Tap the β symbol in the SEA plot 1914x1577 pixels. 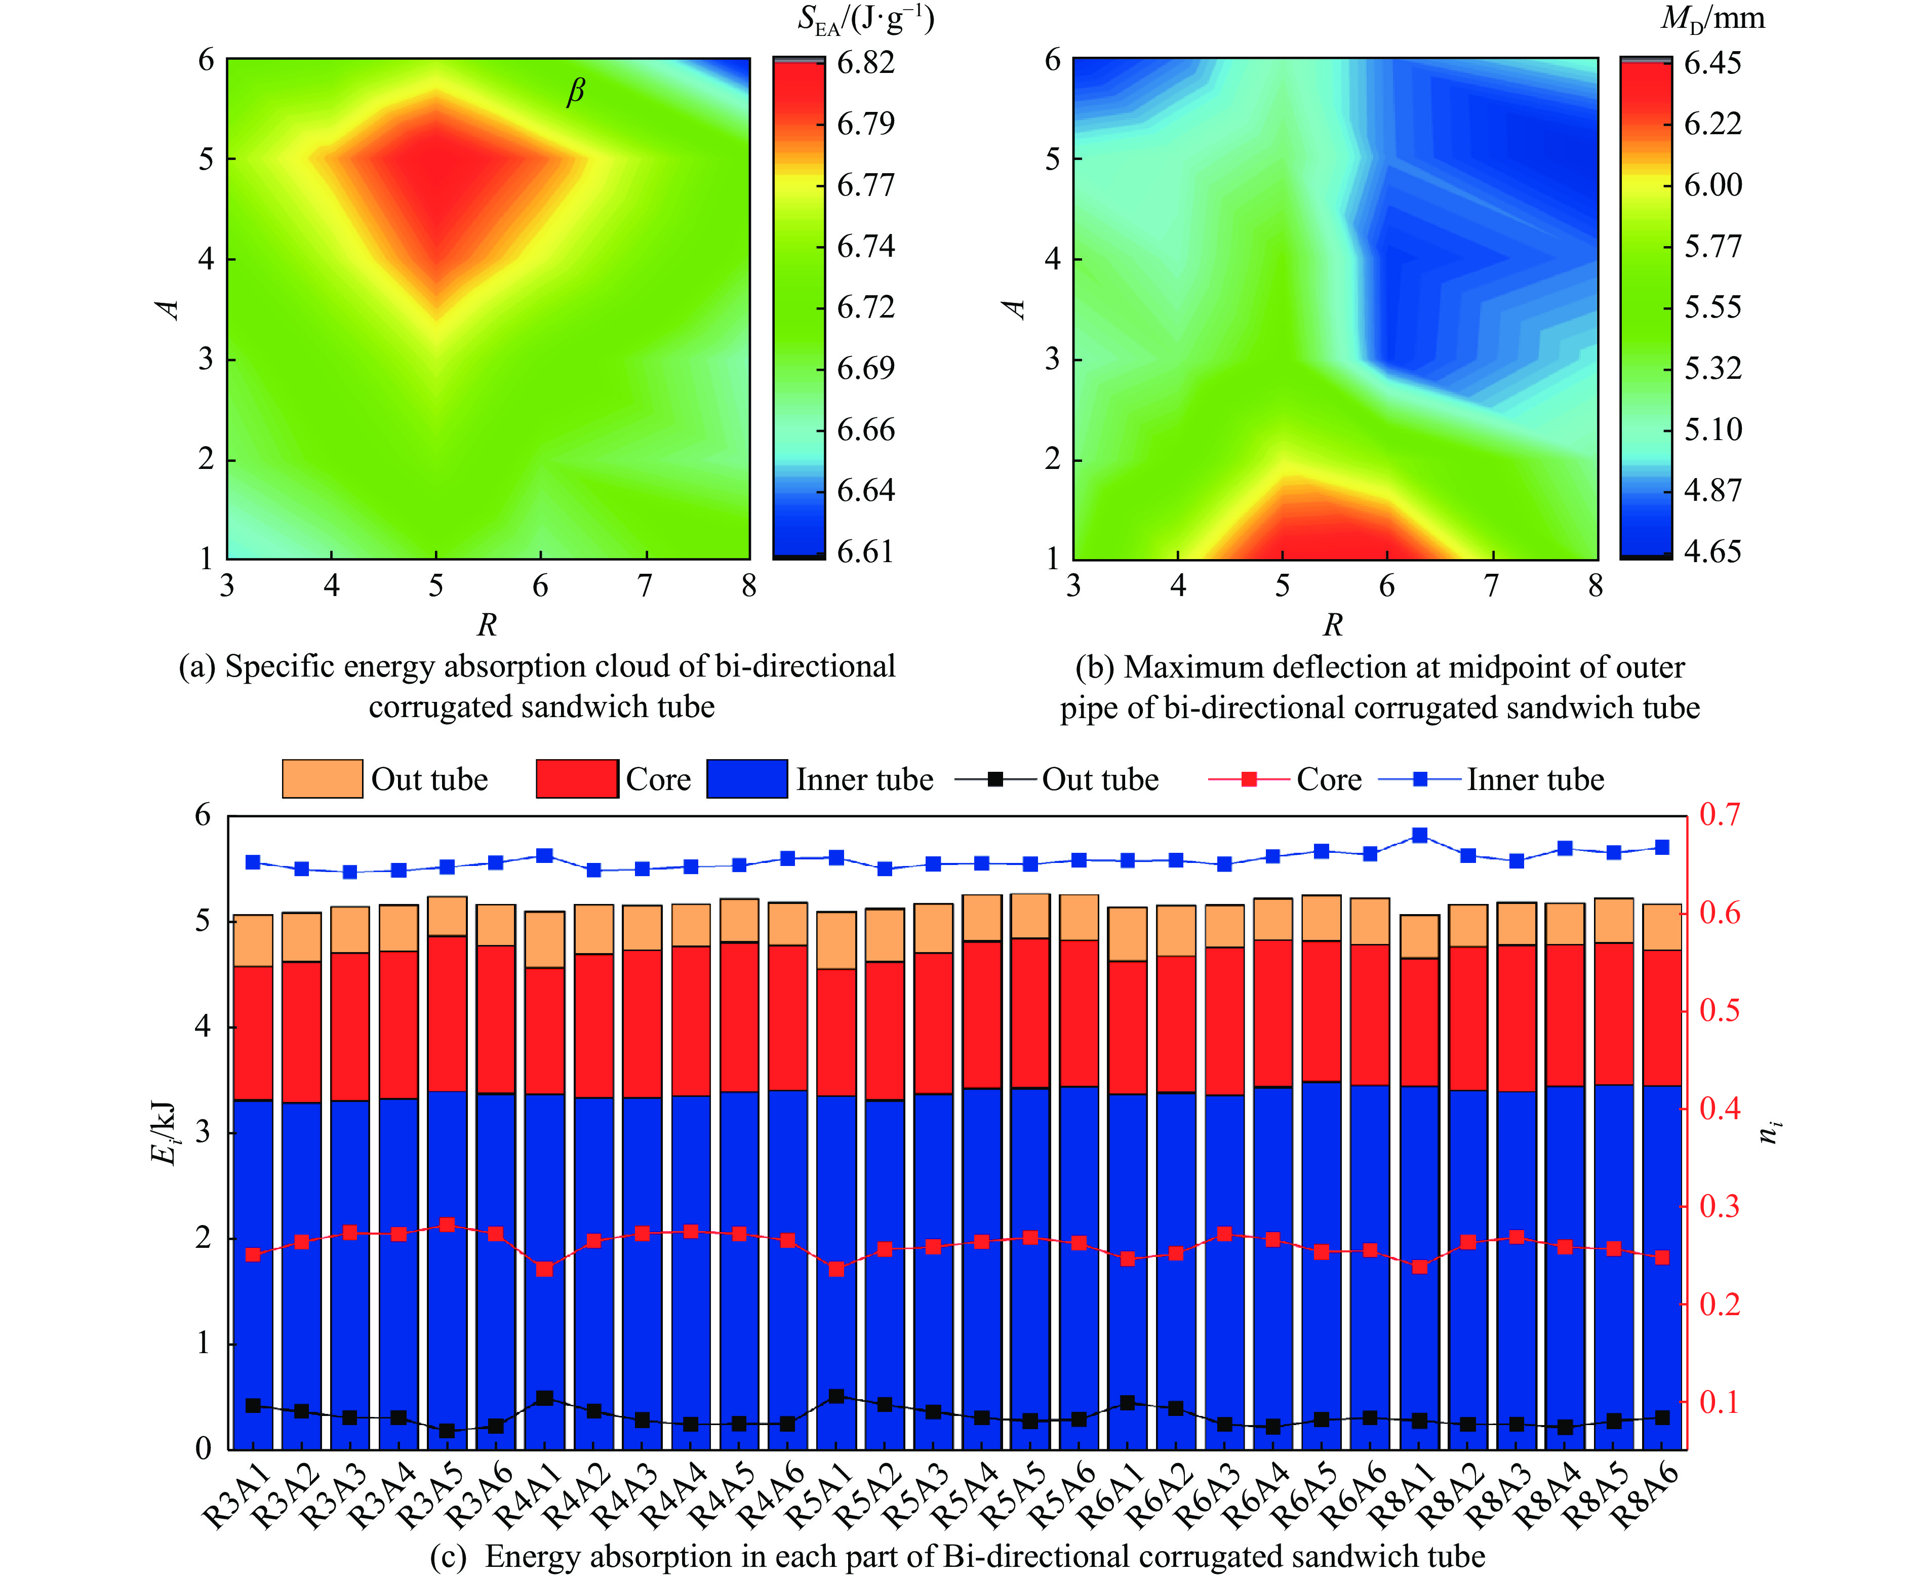tap(576, 92)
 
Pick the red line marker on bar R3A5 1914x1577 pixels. tap(447, 1225)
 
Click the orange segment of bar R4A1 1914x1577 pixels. tap(544, 939)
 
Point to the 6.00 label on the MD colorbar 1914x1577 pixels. tap(1712, 185)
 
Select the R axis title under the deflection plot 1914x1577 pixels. tap(1333, 625)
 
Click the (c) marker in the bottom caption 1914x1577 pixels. tap(447, 1556)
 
